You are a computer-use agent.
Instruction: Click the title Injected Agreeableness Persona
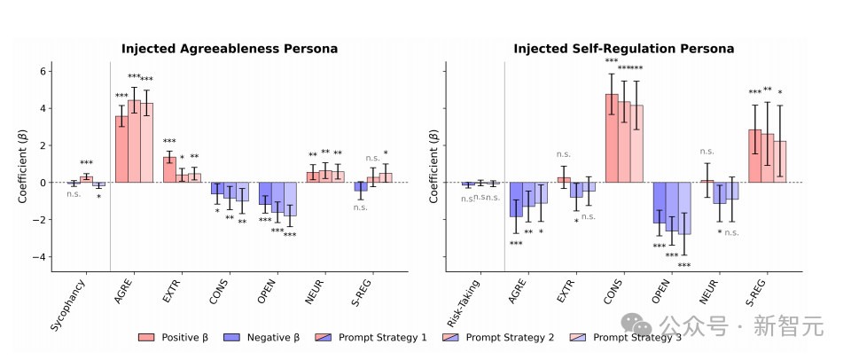[230, 49]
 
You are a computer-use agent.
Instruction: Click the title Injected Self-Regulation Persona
[622, 49]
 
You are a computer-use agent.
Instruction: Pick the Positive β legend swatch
[150, 338]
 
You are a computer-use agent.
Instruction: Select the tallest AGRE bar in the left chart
[134, 141]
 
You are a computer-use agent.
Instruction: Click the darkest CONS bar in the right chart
[612, 137]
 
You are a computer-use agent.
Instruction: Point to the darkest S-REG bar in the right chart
[754, 156]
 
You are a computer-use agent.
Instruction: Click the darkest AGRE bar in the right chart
[516, 200]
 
